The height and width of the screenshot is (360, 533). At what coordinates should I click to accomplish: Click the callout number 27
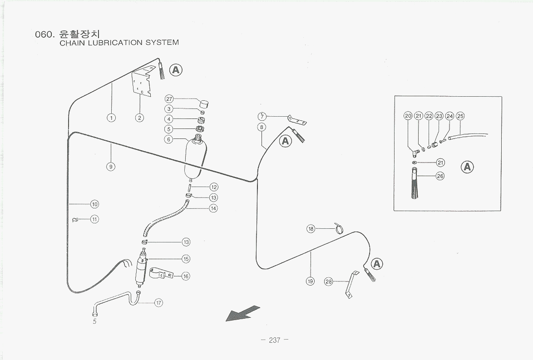tap(169, 99)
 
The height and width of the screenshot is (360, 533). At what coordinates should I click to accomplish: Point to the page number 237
tap(275, 340)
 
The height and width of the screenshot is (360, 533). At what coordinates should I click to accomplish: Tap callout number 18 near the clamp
tap(311, 229)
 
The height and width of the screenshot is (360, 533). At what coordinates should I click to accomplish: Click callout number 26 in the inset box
tap(440, 176)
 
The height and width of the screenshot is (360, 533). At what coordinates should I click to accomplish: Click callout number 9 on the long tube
tap(110, 166)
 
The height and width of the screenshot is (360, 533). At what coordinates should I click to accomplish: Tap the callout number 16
tap(186, 276)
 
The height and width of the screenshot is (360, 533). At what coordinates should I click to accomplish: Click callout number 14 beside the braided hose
tap(213, 208)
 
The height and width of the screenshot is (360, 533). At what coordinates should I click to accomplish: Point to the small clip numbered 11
tap(76, 220)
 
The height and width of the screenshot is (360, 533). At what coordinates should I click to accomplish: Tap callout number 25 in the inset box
tap(460, 116)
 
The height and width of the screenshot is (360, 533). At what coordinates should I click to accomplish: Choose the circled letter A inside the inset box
tap(467, 167)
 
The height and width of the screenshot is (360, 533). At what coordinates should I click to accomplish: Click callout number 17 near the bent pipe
tap(159, 303)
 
